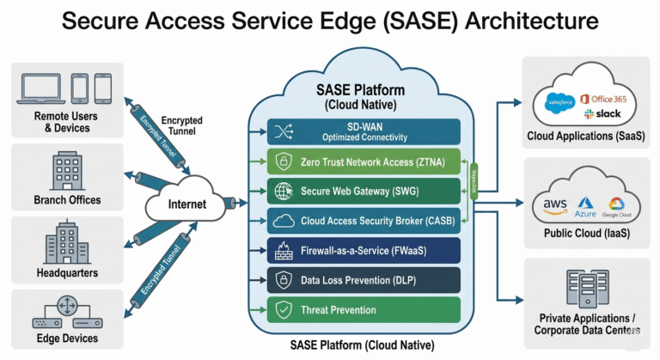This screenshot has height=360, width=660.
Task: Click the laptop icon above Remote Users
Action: pyautogui.click(x=40, y=88)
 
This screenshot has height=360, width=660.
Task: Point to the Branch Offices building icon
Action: pyautogui.click(x=65, y=169)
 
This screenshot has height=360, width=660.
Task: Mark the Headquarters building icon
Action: pyautogui.click(x=65, y=241)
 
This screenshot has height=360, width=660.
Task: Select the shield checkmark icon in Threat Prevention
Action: pyautogui.click(x=284, y=309)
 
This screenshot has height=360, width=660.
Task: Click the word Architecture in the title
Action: pyautogui.click(x=529, y=21)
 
